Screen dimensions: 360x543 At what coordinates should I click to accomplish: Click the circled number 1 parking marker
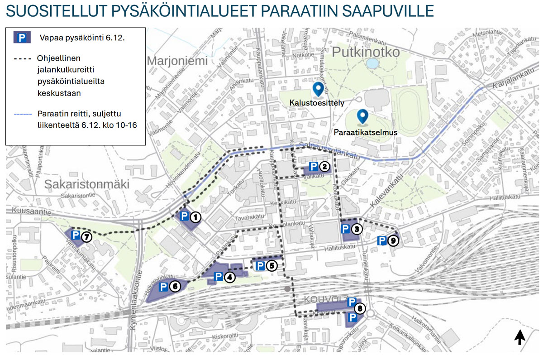point(195,217)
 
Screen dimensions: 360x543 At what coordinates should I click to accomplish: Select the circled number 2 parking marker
point(324,167)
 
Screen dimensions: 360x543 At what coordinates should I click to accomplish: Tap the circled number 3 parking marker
point(357,229)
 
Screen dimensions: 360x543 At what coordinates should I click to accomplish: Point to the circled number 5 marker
point(271,266)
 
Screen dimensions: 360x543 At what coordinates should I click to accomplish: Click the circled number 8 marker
point(360,309)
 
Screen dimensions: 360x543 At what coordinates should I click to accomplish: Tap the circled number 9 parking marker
point(393,241)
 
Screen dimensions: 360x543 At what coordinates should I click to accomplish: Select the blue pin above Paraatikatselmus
point(362,117)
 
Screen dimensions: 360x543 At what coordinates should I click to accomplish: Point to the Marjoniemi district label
point(177,61)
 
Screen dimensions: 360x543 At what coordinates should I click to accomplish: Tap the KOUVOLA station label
point(324,300)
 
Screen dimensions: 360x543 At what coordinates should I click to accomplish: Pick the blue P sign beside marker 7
point(76,235)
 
